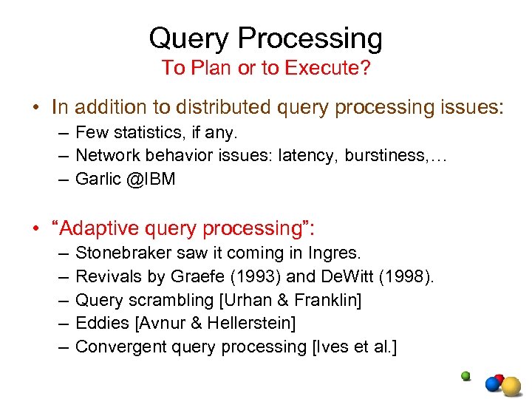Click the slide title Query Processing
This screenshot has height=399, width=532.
[265, 38]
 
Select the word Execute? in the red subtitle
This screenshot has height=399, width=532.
[336, 68]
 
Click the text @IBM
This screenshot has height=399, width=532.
[151, 179]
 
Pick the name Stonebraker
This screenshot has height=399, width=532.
[124, 253]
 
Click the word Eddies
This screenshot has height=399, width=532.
[100, 323]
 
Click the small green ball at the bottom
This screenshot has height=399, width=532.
[465, 375]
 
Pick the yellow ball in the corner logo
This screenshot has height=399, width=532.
[511, 386]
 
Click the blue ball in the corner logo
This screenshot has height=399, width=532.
[493, 384]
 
